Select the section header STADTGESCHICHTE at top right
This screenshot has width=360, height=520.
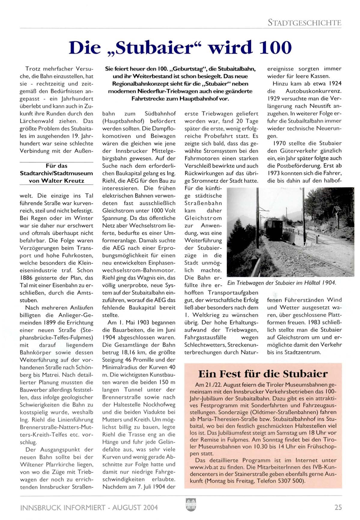(304, 23)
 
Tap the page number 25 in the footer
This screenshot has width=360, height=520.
(338, 507)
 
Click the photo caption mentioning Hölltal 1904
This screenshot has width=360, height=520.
(282, 283)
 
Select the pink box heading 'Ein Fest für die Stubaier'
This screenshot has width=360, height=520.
(263, 374)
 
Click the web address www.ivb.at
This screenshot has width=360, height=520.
(207, 467)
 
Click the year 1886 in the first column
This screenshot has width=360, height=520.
(26, 278)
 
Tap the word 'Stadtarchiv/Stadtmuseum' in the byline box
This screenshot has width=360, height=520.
(56, 173)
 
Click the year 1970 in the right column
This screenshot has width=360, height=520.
(280, 143)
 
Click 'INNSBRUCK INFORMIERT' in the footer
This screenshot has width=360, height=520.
(63, 507)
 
